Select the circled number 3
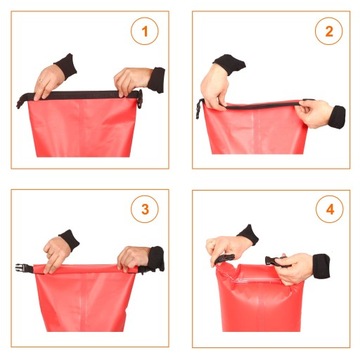(145, 211)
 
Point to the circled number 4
(326, 211)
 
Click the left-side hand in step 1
(47, 81)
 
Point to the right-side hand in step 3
(132, 258)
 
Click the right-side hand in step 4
(295, 266)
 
